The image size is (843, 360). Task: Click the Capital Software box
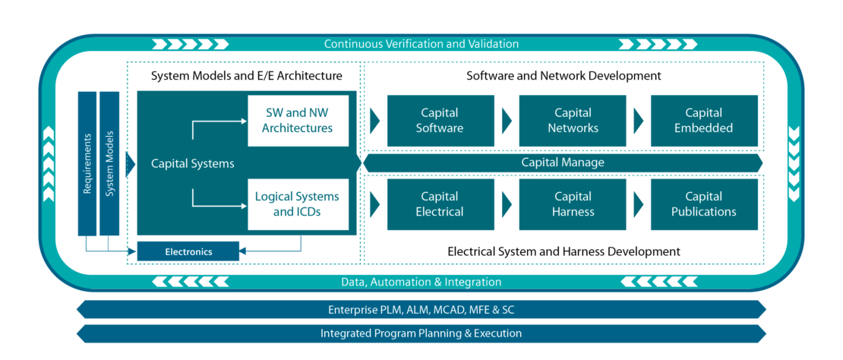click(439, 121)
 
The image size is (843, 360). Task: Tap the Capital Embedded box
click(703, 121)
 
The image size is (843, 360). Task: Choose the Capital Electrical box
click(439, 204)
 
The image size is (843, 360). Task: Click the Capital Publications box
click(703, 204)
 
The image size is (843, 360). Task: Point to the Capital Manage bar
click(563, 163)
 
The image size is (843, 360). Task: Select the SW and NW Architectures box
click(298, 121)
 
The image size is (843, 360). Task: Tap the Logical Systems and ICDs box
click(298, 204)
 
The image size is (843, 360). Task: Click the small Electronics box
click(188, 251)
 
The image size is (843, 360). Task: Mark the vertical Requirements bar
click(87, 163)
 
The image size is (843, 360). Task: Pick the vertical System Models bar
click(109, 163)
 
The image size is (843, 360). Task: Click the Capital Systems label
click(192, 163)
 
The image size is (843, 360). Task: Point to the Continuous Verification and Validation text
click(421, 44)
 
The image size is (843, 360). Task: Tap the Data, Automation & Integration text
click(421, 282)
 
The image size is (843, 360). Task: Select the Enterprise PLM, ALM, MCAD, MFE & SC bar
click(421, 310)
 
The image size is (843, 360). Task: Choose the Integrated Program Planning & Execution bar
click(421, 333)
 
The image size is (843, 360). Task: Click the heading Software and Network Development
click(563, 76)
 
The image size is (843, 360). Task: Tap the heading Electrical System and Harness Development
click(563, 251)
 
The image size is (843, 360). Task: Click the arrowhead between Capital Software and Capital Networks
click(506, 121)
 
